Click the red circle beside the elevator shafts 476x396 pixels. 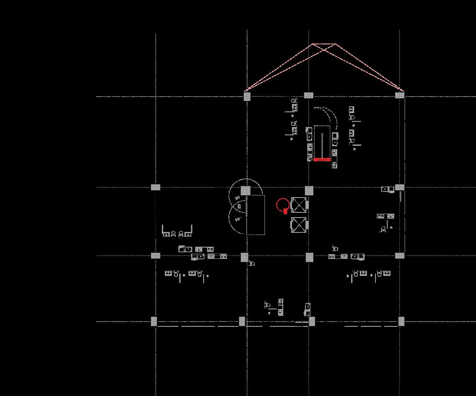(282, 205)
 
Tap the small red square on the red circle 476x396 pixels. (285, 211)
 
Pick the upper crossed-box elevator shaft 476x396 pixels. (299, 205)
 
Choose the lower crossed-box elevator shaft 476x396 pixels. (299, 225)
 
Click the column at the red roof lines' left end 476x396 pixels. (247, 96)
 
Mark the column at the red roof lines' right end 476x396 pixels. (399, 95)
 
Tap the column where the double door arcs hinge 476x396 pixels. (246, 191)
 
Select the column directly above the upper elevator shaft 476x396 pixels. (309, 190)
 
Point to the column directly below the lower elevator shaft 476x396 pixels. (309, 257)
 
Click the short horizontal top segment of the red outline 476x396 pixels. (324, 44)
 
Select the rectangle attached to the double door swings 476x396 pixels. (256, 215)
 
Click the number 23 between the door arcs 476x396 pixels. (239, 206)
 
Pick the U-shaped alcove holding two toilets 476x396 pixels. (177, 231)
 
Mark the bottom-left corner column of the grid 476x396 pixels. (154, 322)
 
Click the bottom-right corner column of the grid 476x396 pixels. (401, 322)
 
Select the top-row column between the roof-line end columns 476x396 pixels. (308, 95)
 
